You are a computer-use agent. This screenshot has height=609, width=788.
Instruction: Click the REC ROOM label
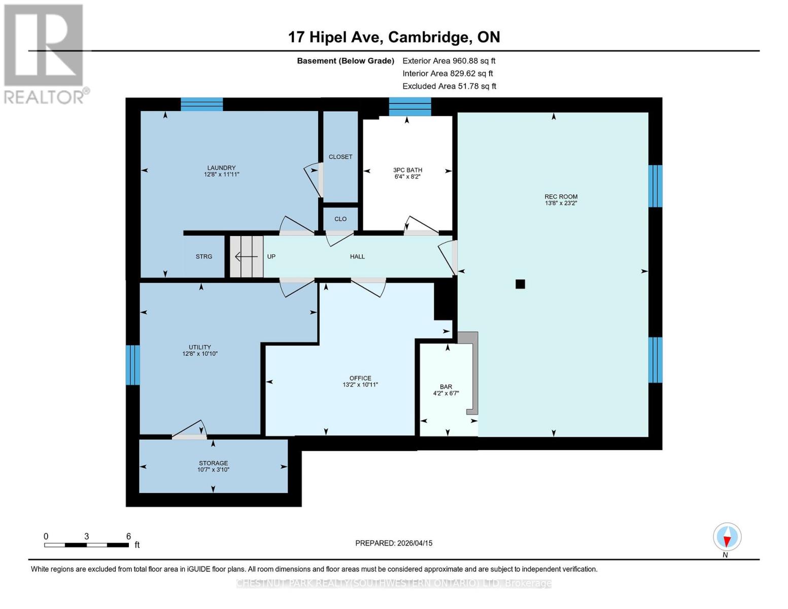[561, 196]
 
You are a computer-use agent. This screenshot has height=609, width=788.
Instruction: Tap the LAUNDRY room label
[221, 168]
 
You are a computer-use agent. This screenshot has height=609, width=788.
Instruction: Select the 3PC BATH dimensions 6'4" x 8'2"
[407, 177]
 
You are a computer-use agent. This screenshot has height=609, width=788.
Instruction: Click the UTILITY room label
[200, 347]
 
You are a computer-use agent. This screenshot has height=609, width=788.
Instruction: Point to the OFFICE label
[360, 378]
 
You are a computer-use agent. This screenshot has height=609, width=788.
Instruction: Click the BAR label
[446, 387]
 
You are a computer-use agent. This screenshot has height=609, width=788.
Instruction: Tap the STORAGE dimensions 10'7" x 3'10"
[213, 470]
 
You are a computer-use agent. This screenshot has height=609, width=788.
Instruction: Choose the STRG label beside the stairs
[204, 257]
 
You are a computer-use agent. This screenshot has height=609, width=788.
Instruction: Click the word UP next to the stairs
[271, 257]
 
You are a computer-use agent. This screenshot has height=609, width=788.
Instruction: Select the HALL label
[357, 257]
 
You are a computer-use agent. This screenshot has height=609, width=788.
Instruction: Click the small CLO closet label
[340, 219]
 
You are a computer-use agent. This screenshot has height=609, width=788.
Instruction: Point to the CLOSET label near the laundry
[340, 157]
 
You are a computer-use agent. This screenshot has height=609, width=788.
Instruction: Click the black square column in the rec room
[520, 284]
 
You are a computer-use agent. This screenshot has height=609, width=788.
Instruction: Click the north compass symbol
[727, 537]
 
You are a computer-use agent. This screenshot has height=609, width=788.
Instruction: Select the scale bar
[86, 545]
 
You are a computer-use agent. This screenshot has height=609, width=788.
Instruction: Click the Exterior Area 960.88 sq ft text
[449, 61]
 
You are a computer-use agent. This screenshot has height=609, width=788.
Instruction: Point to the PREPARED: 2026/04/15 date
[394, 543]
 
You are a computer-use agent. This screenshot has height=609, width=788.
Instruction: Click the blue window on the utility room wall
[132, 365]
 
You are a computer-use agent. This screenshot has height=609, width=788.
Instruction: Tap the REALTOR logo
[45, 53]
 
